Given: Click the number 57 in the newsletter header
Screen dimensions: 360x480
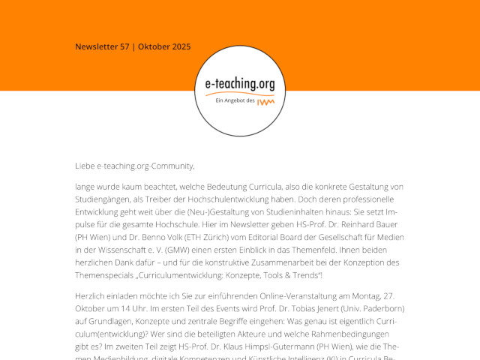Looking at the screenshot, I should pyautogui.click(x=124, y=46).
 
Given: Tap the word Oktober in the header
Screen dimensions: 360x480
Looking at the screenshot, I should pyautogui.click(x=154, y=46).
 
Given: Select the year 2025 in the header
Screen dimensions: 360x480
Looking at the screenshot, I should pyautogui.click(x=181, y=46).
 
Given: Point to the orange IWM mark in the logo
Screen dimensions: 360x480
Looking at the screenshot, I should pyautogui.click(x=264, y=101).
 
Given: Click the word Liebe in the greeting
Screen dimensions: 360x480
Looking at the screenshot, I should pyautogui.click(x=85, y=166).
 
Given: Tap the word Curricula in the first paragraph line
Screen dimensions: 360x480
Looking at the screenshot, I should pyautogui.click(x=262, y=186).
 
